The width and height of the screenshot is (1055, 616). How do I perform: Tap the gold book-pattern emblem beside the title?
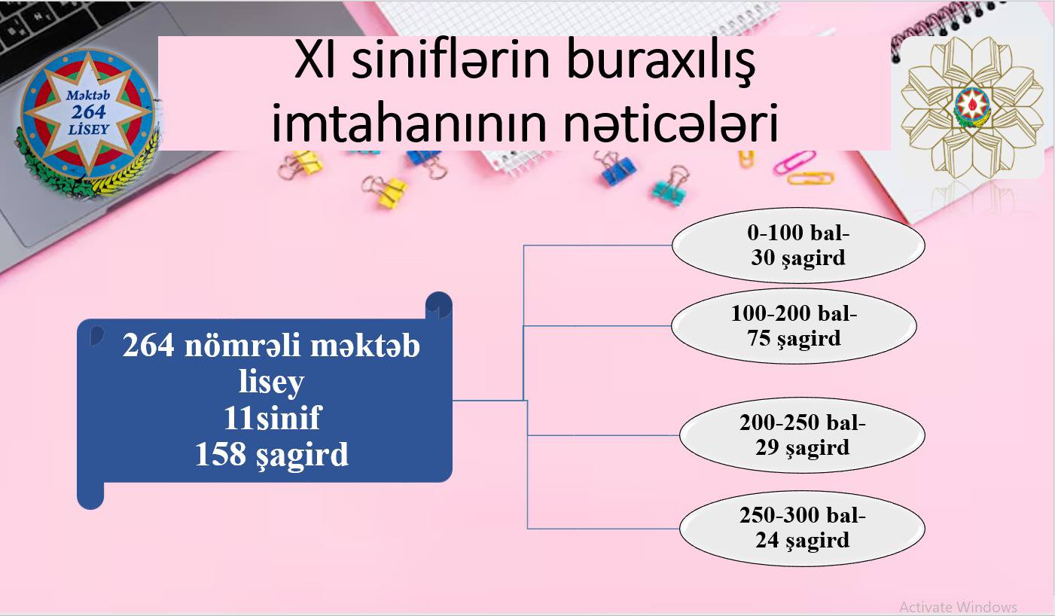(x=972, y=108)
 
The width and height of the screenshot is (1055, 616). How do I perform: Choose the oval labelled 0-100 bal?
(x=798, y=245)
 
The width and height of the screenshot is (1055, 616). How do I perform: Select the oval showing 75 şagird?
(x=794, y=326)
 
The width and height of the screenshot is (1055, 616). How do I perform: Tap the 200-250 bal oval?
(x=803, y=435)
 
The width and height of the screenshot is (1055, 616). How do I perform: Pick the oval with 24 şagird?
(x=803, y=528)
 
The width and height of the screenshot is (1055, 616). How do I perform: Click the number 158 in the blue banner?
(x=221, y=454)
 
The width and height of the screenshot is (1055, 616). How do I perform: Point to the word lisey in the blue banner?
(x=272, y=382)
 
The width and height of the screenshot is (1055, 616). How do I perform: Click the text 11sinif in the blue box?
(x=273, y=418)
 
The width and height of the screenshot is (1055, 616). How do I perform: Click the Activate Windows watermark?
(x=958, y=606)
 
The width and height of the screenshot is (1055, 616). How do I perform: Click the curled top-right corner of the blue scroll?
(x=439, y=305)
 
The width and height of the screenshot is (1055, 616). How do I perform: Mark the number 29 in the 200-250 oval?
(x=767, y=447)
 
